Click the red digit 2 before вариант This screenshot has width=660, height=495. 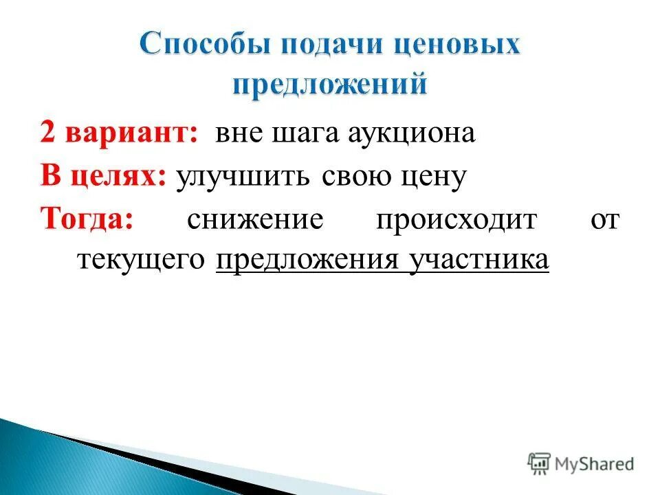[x=47, y=133]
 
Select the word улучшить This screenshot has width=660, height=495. [x=244, y=177]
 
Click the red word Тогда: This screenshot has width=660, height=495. [x=87, y=220]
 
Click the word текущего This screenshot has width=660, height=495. [x=142, y=261]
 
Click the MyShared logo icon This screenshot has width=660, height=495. [x=539, y=463]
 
